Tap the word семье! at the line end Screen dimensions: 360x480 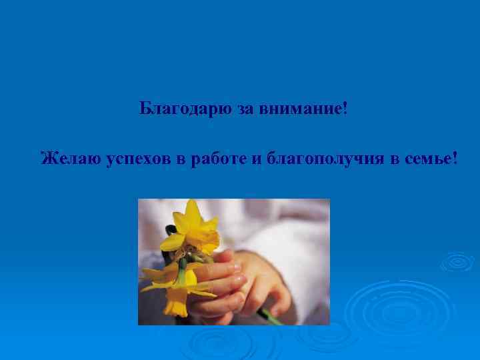click(431, 159)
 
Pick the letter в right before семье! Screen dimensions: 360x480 click(395, 159)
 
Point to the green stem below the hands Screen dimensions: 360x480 click(271, 315)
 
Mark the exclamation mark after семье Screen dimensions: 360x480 click(455, 159)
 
